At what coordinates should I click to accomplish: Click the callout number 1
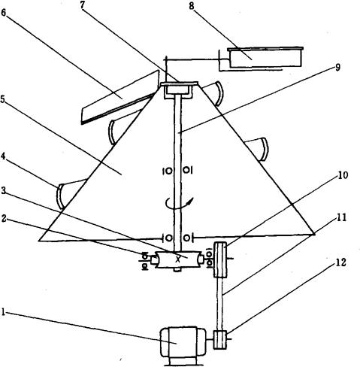pos(3,312)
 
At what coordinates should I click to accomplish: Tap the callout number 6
pos(4,13)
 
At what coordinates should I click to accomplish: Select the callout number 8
pos(192,6)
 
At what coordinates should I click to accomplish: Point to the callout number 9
pos(337,67)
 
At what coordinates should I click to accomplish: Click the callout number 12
pos(340,262)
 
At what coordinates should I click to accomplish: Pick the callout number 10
pos(343,175)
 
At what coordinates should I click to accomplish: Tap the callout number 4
pos(3,156)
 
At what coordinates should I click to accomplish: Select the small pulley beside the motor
pos(220,340)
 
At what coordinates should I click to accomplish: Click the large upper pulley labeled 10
pos(220,259)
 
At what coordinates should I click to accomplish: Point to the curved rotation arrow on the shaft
pos(180,203)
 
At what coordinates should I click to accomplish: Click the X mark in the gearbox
pos(178,259)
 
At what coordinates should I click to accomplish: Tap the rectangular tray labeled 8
pos(265,57)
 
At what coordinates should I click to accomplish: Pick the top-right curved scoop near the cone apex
pos(214,93)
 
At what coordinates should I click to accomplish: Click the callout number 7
pos(83,5)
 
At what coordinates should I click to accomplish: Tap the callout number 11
pos(341,217)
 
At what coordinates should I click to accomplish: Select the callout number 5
pos(3,99)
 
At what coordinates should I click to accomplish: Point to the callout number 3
pos(4,191)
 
